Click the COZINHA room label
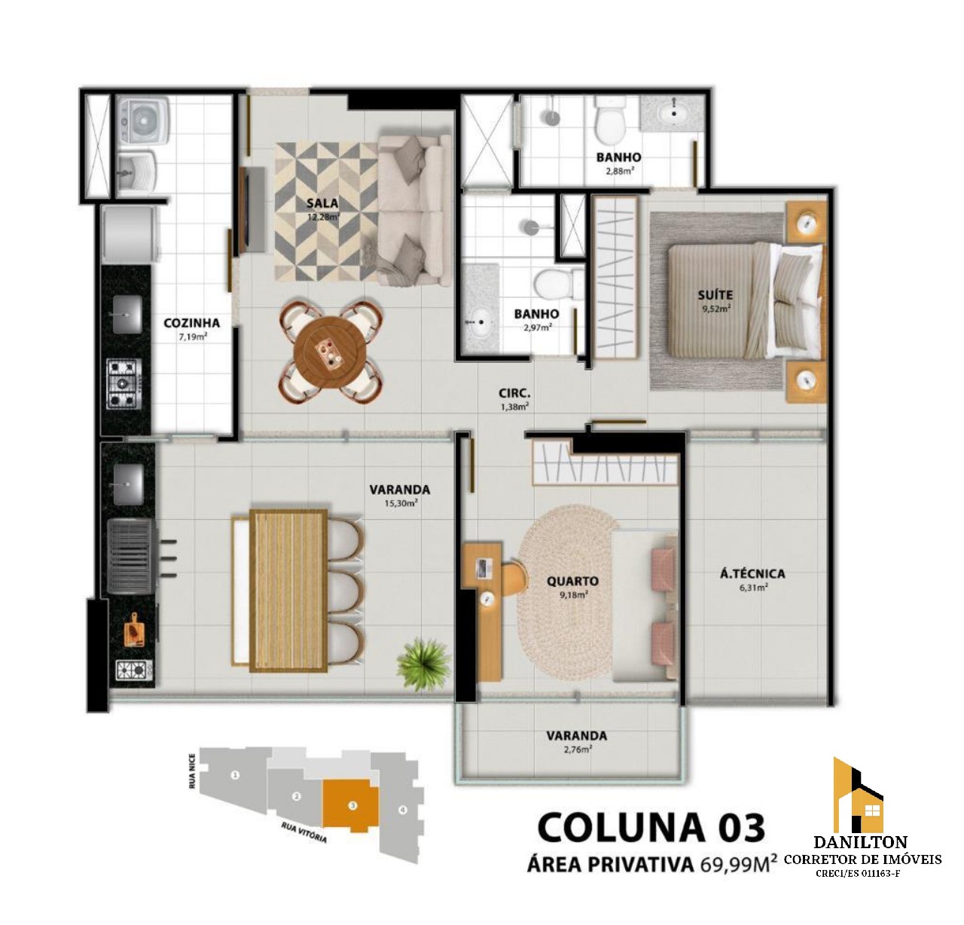click(x=191, y=323)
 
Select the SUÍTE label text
click(x=715, y=295)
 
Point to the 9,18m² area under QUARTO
click(x=574, y=594)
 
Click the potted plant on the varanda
click(x=423, y=663)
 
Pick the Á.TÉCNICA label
click(x=753, y=574)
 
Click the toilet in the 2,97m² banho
click(x=560, y=284)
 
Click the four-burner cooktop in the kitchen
click(x=124, y=384)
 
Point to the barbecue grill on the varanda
click(x=131, y=555)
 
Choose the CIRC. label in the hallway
click(x=514, y=394)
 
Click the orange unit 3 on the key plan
click(x=351, y=805)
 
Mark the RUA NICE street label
click(x=192, y=771)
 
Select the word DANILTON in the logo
click(x=861, y=841)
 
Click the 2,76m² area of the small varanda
click(x=577, y=749)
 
